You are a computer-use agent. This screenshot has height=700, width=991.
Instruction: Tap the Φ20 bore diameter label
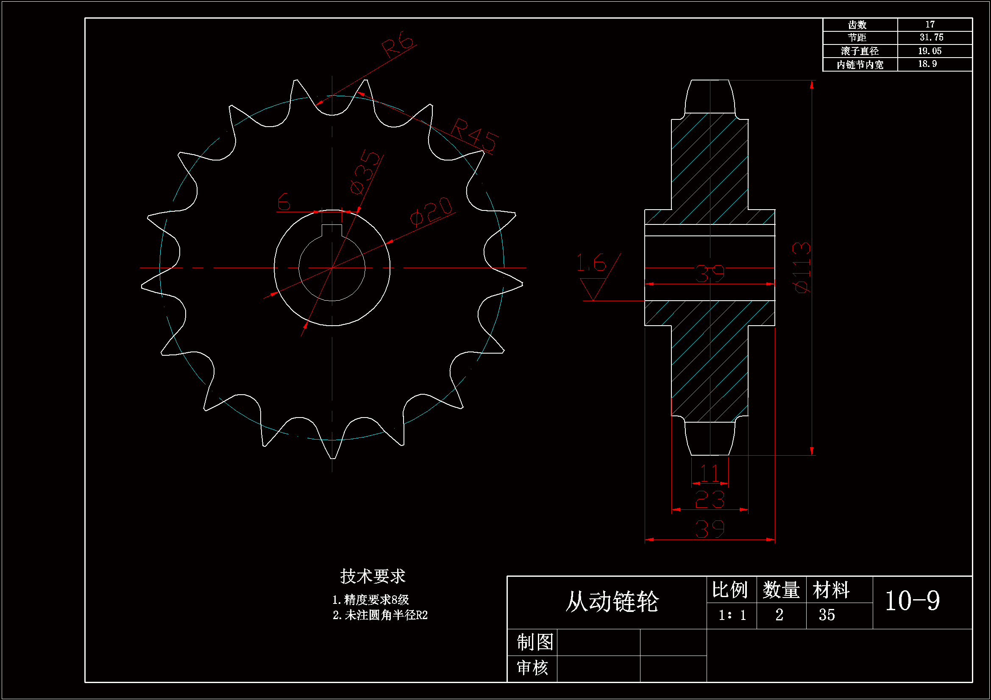pos(431,211)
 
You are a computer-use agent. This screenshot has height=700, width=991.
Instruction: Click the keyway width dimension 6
pos(284,202)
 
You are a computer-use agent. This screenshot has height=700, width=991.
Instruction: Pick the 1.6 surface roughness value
pos(591,263)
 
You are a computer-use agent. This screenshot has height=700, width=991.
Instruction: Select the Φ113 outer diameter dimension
pos(802,267)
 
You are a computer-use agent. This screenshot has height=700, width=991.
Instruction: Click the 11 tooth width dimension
pos(710,473)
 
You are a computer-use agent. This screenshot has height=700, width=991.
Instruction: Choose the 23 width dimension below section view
pos(710,499)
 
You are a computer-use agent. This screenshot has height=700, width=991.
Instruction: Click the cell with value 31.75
pos(931,38)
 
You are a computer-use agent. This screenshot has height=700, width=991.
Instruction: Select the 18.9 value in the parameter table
pos(927,64)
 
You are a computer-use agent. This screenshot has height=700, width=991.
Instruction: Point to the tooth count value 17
pos(930,25)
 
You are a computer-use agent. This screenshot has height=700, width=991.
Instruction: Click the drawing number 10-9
pos(912,600)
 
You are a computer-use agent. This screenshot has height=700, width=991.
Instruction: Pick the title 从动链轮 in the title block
pos(612,602)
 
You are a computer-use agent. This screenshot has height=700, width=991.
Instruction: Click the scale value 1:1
pos(732,615)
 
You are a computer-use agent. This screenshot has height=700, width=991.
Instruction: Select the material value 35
pos(827,615)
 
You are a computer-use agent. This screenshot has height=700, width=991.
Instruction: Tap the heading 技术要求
pos(373,576)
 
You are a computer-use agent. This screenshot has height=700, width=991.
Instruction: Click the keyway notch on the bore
pos(332,230)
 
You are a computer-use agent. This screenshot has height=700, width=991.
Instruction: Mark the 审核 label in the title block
pos(532,668)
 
